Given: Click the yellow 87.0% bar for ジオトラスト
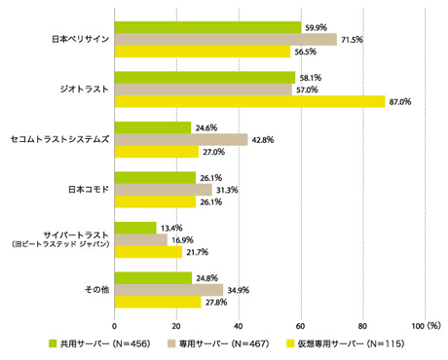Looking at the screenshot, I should [x=249, y=101].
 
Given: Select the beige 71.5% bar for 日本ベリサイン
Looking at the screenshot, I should [x=226, y=39].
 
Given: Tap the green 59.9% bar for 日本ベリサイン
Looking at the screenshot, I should [x=207, y=26].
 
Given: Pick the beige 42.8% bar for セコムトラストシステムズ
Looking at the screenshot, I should [x=181, y=139].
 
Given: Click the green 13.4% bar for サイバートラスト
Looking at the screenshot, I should [x=135, y=228].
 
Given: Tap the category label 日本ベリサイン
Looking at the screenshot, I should [x=80, y=40].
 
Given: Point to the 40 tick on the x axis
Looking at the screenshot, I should [x=239, y=325].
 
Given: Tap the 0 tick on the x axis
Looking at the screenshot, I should [x=115, y=325].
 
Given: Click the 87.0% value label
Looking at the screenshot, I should [x=399, y=101].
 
